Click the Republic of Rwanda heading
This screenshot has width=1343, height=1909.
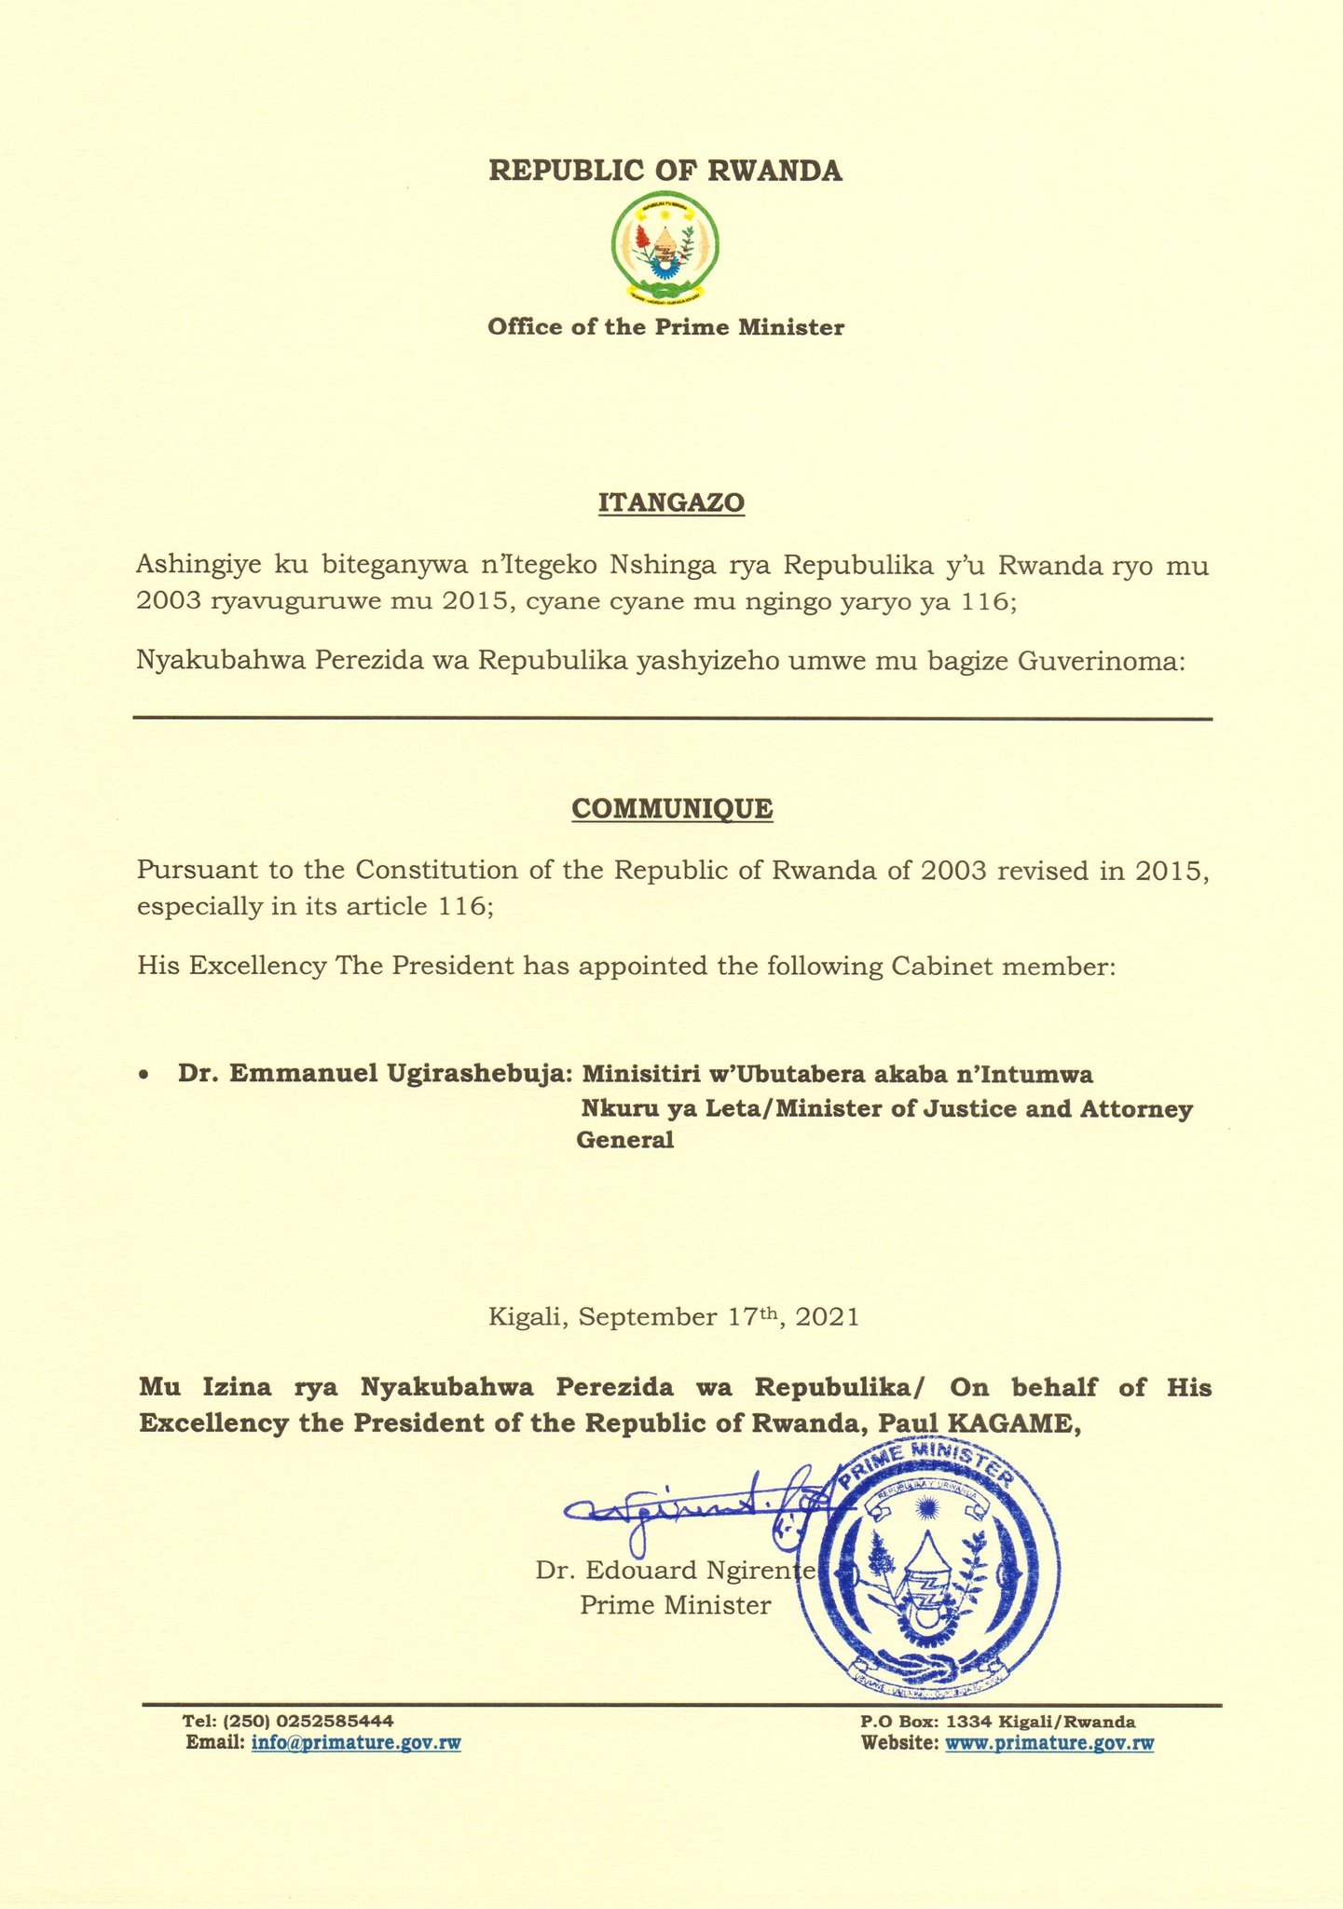pyautogui.click(x=665, y=172)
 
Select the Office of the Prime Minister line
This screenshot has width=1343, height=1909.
pyautogui.click(x=665, y=327)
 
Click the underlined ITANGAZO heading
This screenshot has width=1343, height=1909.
pyautogui.click(x=671, y=503)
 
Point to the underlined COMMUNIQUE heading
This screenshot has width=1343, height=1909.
pyautogui.click(x=671, y=808)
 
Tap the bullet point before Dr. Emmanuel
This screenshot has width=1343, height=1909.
pyautogui.click(x=143, y=1076)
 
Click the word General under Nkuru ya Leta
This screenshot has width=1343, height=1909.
pyautogui.click(x=625, y=1139)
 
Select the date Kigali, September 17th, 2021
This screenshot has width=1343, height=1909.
pyautogui.click(x=673, y=1317)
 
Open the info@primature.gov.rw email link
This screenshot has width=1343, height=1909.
pyautogui.click(x=356, y=1743)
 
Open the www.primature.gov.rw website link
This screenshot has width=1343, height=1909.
pyautogui.click(x=1049, y=1743)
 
